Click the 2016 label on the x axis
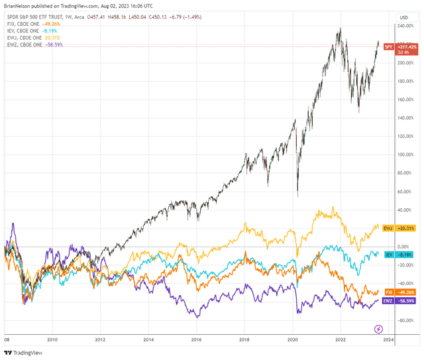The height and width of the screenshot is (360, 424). pyautogui.click(x=196, y=339)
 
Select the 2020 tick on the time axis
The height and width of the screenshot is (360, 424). pyautogui.click(x=292, y=339)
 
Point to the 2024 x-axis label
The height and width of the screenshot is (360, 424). pyautogui.click(x=388, y=339)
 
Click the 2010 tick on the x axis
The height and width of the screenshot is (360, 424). pyautogui.click(x=52, y=339)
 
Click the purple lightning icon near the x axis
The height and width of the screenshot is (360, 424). pyautogui.click(x=379, y=328)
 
